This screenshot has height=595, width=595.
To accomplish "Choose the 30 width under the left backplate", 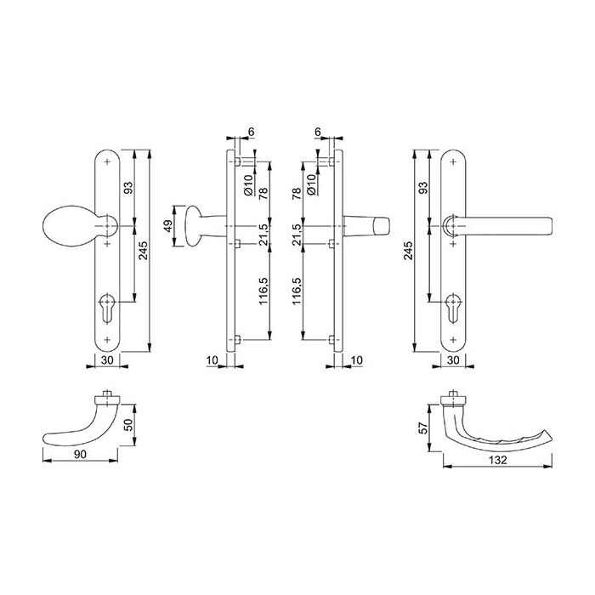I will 108,360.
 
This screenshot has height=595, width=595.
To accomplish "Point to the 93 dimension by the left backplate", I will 127,189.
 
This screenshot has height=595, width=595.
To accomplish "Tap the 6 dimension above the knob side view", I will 252,133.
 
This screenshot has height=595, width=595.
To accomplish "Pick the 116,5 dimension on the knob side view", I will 263,291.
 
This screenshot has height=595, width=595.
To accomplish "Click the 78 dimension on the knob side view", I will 263,194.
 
